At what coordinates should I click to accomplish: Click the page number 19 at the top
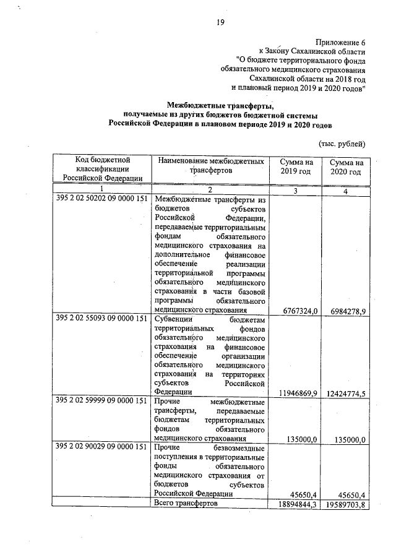point(220,23)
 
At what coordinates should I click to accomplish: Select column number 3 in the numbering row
point(296,191)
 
